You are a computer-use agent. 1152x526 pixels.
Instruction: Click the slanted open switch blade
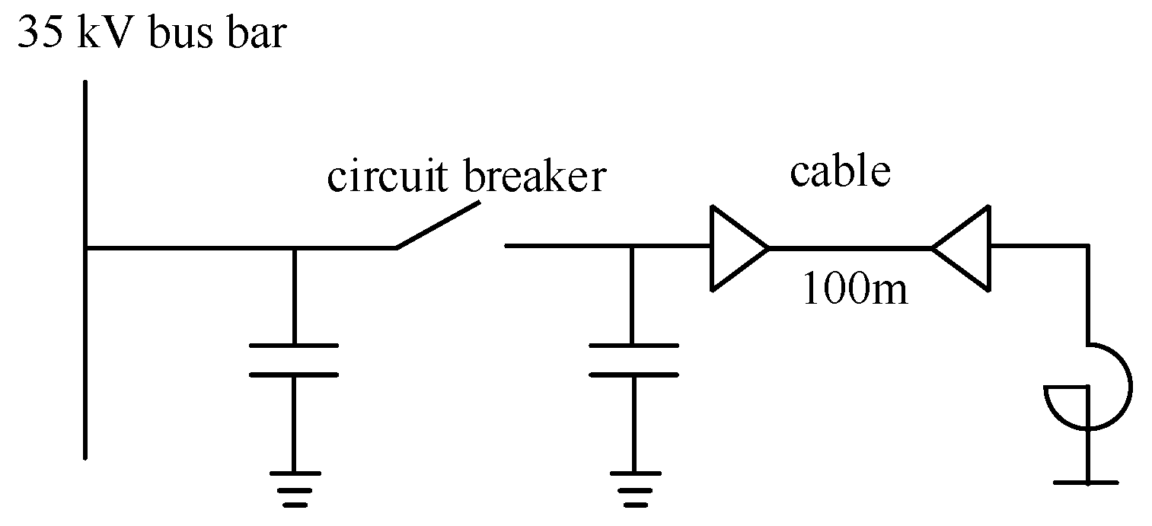click(x=439, y=225)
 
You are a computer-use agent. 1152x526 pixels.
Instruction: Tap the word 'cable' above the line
click(x=839, y=171)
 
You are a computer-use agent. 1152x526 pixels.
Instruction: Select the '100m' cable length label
click(x=855, y=290)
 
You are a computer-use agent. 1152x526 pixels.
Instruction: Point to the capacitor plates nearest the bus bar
click(x=294, y=360)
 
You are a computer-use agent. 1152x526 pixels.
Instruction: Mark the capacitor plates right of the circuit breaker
click(x=633, y=360)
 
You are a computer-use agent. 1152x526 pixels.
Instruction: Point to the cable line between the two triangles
click(x=849, y=248)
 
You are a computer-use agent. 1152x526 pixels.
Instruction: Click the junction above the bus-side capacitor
click(x=294, y=248)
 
